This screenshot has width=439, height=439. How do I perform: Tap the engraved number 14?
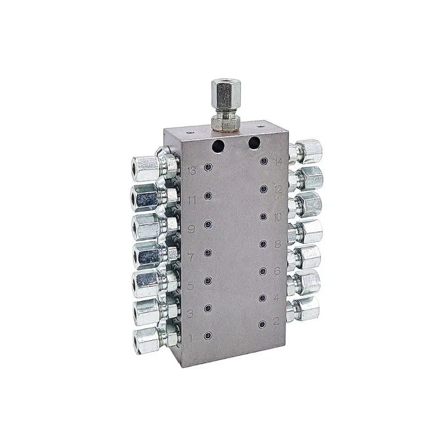[278, 161]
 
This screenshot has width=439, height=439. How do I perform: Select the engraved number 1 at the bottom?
[190, 337]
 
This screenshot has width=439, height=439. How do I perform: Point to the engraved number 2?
[277, 322]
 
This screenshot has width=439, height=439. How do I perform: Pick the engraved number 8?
[278, 243]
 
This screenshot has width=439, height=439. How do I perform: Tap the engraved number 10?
[278, 217]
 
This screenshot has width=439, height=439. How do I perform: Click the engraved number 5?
[191, 285]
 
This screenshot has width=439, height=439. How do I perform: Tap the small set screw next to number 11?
[208, 195]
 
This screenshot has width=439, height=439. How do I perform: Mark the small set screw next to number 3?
[208, 308]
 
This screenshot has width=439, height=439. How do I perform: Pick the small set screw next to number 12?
[263, 189]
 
